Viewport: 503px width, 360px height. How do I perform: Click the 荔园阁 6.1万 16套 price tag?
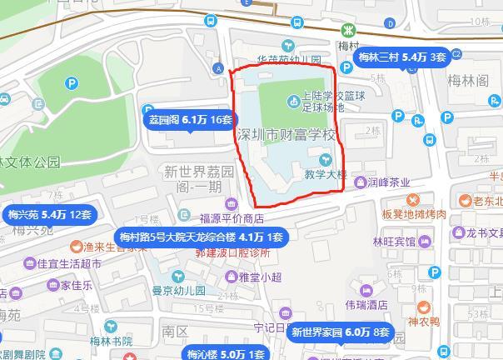[188, 119]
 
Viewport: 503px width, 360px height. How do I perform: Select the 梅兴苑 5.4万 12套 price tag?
[49, 214]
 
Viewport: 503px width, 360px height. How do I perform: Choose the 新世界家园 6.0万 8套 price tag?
[341, 332]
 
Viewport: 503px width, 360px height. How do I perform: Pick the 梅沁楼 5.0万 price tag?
[218, 353]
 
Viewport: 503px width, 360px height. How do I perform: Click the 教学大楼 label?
[326, 175]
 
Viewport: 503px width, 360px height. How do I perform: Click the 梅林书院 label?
[110, 341]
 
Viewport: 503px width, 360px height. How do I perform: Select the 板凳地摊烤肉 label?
[415, 215]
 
